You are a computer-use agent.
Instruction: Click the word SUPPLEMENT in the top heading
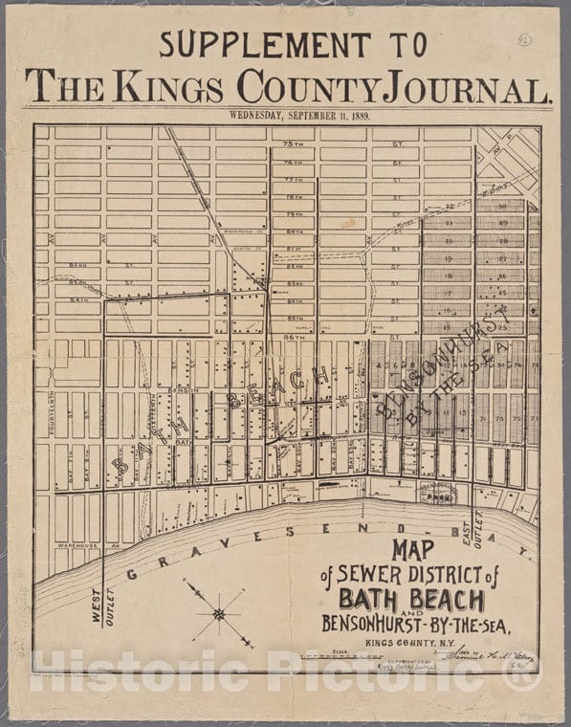[265, 44]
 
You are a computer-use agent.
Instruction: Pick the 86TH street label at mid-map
[294, 338]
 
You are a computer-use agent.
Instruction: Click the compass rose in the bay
[218, 613]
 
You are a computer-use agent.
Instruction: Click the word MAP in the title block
[412, 550]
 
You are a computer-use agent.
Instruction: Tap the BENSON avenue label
[182, 391]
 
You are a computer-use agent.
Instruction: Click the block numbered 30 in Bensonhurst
[502, 206]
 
